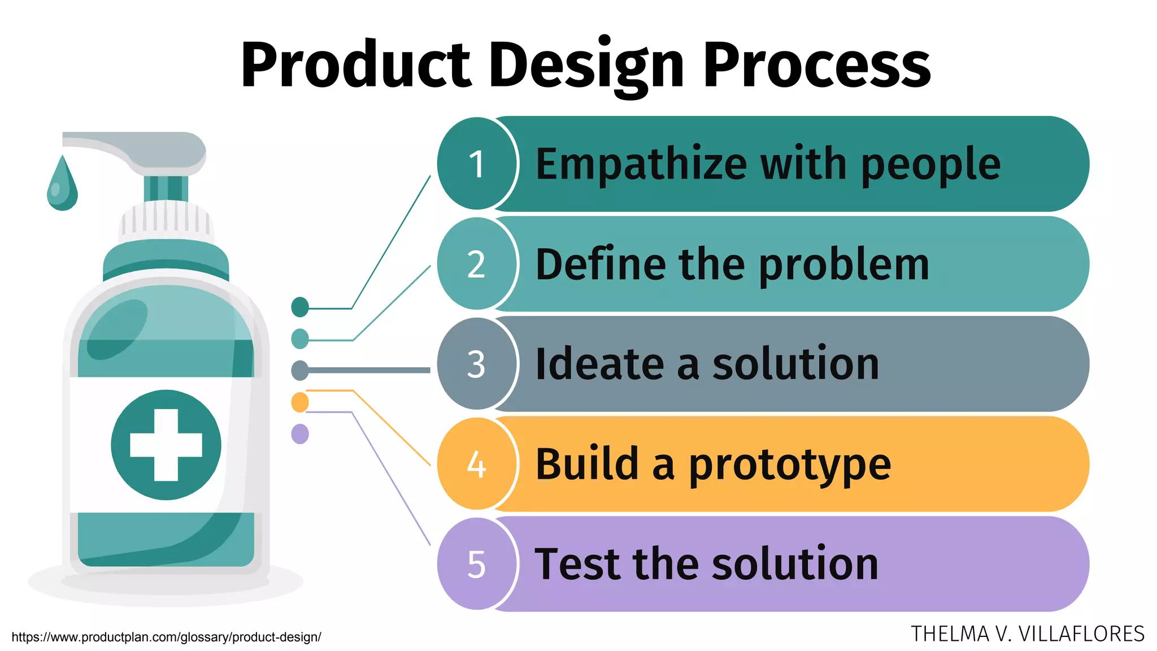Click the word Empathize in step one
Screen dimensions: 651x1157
pyautogui.click(x=641, y=164)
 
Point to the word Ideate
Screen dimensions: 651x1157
pyautogui.click(x=599, y=364)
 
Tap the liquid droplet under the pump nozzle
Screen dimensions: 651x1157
pyautogui.click(x=62, y=186)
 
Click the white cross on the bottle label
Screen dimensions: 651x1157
pyautogui.click(x=166, y=445)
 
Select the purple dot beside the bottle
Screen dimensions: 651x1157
pyautogui.click(x=300, y=434)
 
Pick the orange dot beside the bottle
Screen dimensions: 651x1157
pyautogui.click(x=300, y=402)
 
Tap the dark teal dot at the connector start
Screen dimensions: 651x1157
pyautogui.click(x=300, y=307)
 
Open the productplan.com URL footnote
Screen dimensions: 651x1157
pyautogui.click(x=166, y=637)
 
